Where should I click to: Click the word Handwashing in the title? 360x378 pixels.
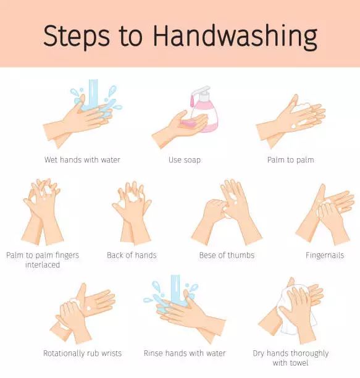click(x=235, y=36)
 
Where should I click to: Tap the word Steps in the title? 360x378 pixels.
click(x=77, y=36)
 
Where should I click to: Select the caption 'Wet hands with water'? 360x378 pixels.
click(x=82, y=159)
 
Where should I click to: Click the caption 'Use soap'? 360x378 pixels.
click(x=185, y=160)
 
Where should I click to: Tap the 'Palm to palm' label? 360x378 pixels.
click(x=291, y=160)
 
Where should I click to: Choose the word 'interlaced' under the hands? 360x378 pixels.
click(x=43, y=265)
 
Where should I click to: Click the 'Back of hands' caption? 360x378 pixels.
click(x=132, y=255)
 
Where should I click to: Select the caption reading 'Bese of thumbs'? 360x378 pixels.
click(x=227, y=255)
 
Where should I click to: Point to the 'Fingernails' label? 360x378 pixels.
click(x=325, y=255)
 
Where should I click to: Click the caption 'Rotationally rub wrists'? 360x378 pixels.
click(x=82, y=353)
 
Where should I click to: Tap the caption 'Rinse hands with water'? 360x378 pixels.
click(x=185, y=353)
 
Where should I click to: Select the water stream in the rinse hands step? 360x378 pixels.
click(x=175, y=289)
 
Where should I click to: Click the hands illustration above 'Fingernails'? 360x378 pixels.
click(x=325, y=214)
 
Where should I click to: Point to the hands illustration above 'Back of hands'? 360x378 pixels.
click(x=132, y=212)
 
